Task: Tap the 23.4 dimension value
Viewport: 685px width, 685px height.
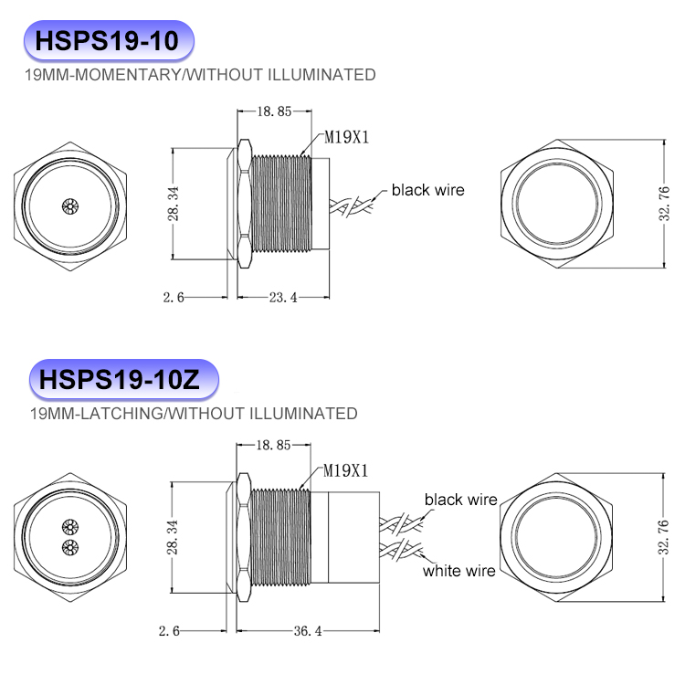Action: [x=282, y=298]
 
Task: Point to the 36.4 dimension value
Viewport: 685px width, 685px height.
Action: [x=307, y=631]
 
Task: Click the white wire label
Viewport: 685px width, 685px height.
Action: [x=458, y=571]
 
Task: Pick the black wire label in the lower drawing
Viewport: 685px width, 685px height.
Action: [x=460, y=500]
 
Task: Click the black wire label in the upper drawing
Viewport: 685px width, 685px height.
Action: [x=427, y=190]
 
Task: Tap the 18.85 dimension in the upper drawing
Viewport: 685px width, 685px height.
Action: [x=274, y=111]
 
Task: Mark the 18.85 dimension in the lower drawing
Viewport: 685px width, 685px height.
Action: [x=274, y=445]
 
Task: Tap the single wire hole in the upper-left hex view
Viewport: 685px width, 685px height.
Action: [x=68, y=205]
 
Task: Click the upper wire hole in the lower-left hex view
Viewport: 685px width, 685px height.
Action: [x=68, y=528]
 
